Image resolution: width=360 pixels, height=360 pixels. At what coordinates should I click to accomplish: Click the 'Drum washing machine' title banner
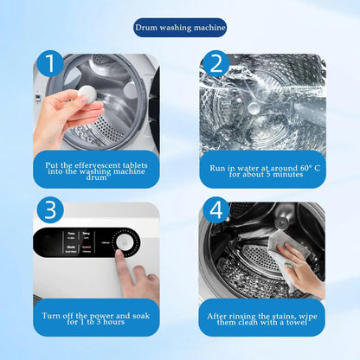coord(180,28)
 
